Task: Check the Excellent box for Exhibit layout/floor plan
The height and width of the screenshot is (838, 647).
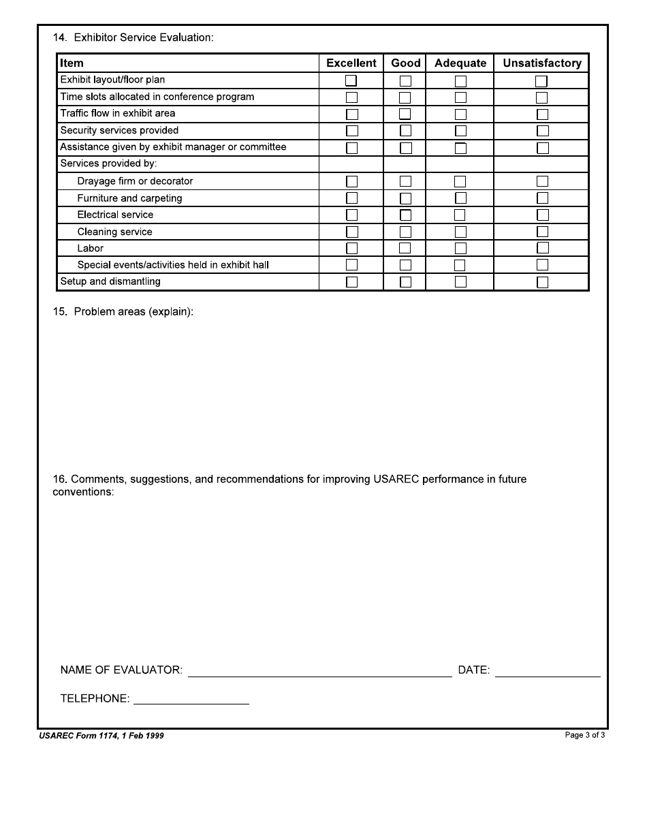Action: [x=351, y=80]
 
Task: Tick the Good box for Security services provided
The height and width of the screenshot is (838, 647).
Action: [x=405, y=130]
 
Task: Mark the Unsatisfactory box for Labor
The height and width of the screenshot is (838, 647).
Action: [x=542, y=248]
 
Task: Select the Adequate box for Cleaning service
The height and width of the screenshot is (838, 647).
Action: [x=460, y=232]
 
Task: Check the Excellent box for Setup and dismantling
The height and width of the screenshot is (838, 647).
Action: [x=351, y=281]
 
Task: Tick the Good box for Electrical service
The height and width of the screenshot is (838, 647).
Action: [x=405, y=215]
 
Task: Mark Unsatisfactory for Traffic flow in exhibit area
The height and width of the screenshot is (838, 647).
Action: [x=542, y=114]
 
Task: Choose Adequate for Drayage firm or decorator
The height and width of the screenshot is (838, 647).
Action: [x=460, y=181]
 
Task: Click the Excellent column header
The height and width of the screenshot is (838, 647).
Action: [x=351, y=63]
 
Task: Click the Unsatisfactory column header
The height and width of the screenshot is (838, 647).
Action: [x=542, y=63]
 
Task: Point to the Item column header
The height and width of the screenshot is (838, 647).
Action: [x=72, y=63]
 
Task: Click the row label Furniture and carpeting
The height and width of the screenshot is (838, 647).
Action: [x=129, y=198]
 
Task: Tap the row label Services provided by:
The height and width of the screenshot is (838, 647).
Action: [x=109, y=164]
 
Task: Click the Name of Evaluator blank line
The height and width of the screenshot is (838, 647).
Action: [x=319, y=671]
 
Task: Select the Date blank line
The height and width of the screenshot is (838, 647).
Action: [x=548, y=671]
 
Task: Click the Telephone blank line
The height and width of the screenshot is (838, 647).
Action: [x=191, y=699]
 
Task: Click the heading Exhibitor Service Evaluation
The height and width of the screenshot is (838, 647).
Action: [x=144, y=37]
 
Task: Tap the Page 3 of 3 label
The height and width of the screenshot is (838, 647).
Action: [x=585, y=735]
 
